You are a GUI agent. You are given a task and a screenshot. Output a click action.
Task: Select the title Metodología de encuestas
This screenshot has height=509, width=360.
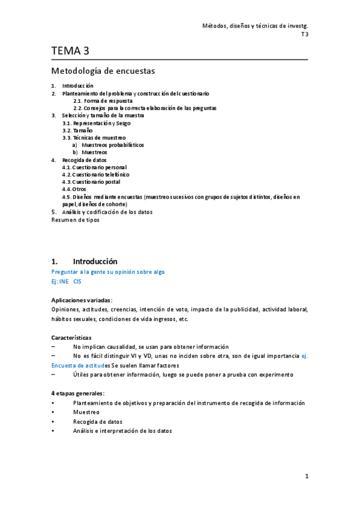103,71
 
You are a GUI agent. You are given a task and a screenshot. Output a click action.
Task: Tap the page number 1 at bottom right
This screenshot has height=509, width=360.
306,477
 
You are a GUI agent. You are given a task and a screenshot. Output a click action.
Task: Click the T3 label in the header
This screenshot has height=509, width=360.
304,34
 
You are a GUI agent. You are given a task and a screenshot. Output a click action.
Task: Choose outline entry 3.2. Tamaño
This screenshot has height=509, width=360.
77,130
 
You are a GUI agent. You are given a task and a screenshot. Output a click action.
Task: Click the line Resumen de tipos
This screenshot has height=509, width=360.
75,219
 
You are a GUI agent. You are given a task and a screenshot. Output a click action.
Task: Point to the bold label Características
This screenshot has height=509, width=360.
72,337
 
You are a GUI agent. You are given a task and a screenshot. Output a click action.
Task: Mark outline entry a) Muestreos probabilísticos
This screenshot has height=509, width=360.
108,145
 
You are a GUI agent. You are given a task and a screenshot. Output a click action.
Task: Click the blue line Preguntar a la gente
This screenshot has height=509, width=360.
108,272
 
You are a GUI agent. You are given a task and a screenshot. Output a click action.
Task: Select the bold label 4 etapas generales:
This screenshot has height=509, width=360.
78,393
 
